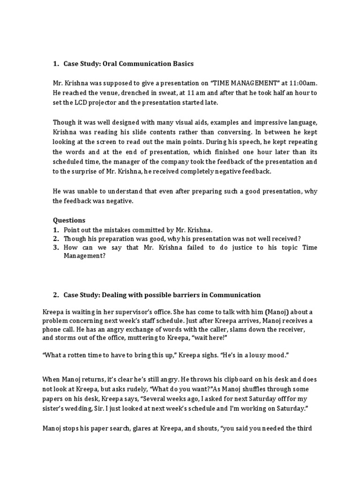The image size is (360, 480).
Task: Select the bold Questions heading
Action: click(x=69, y=220)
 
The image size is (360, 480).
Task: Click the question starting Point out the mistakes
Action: click(x=138, y=230)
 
